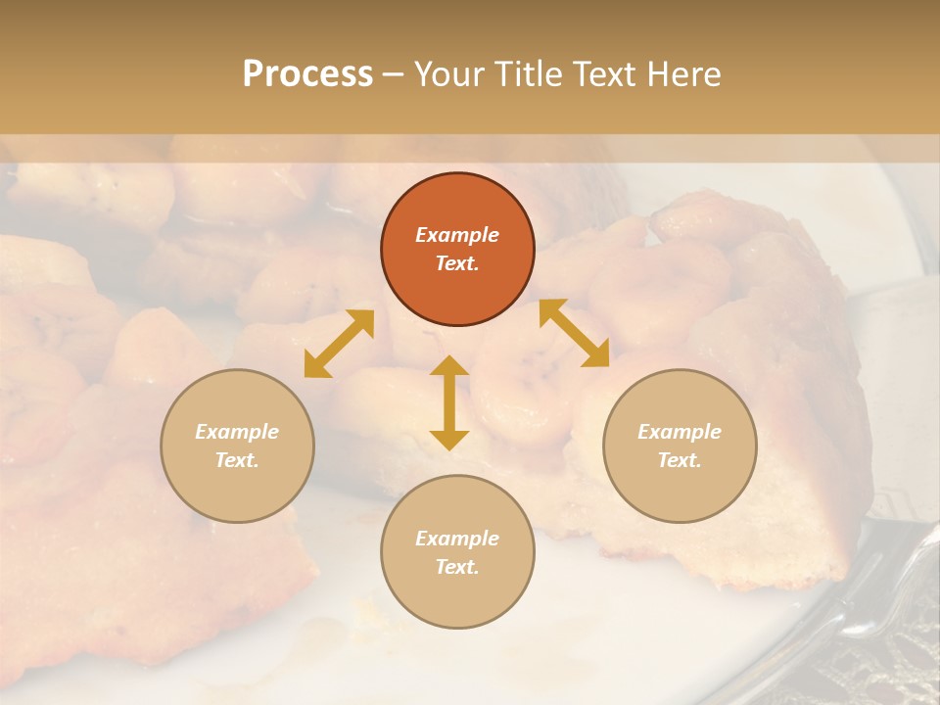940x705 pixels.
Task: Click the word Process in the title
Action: (307, 74)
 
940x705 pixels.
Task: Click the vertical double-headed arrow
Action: (448, 402)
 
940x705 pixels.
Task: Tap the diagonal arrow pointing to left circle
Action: (339, 343)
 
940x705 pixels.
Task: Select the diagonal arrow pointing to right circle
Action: (574, 333)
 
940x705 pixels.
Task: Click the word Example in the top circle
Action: (457, 235)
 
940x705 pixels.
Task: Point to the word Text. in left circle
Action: (237, 460)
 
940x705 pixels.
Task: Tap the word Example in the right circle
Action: (680, 432)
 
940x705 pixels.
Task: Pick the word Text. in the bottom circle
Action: (457, 567)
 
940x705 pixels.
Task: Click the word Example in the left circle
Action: (237, 432)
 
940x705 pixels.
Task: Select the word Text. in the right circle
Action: (680, 460)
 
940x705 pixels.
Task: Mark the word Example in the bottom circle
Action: (457, 539)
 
